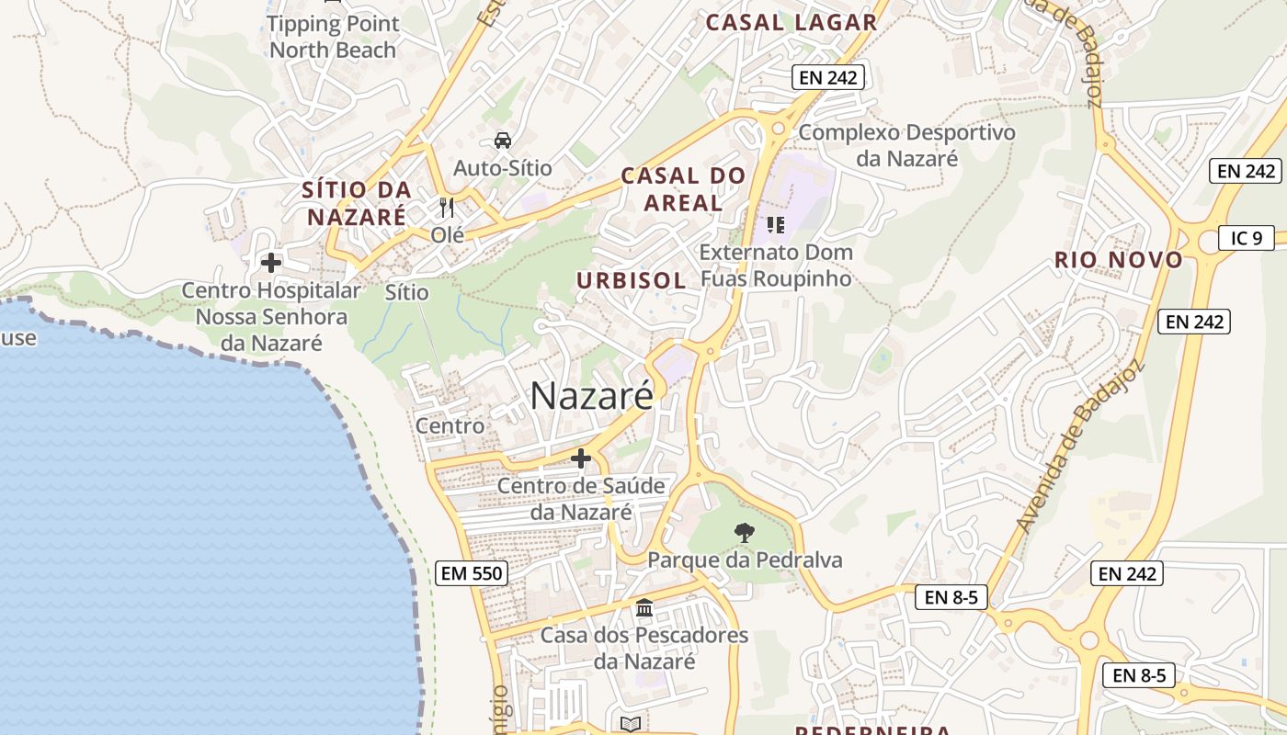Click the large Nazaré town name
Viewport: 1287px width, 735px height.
point(592,395)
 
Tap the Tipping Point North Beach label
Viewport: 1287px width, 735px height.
point(333,37)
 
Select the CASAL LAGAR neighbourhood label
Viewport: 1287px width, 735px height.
point(791,23)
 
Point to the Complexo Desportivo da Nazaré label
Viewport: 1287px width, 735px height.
point(906,145)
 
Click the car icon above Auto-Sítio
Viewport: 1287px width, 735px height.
point(503,141)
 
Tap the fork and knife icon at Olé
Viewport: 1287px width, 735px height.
point(447,208)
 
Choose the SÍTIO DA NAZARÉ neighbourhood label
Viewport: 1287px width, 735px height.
point(357,203)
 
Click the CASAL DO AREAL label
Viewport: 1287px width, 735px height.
point(683,188)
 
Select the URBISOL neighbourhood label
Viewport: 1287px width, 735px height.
point(632,280)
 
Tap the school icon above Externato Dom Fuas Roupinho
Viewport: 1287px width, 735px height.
point(776,224)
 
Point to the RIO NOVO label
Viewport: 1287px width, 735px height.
point(1118,260)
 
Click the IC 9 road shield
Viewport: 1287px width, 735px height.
point(1246,238)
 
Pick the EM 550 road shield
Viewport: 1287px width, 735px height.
point(471,573)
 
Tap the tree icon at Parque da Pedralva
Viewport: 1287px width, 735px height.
point(744,532)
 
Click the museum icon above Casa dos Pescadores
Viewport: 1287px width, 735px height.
point(644,607)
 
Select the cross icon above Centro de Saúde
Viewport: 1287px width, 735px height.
point(580,458)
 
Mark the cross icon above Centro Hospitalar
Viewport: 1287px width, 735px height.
point(270,263)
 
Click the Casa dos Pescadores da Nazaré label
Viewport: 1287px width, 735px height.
point(643,648)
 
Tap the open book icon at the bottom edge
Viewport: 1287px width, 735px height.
point(630,725)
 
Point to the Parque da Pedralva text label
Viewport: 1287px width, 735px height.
point(745,560)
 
